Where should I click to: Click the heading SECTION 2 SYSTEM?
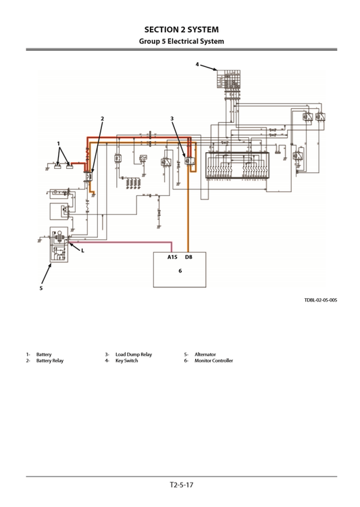coord(180,30)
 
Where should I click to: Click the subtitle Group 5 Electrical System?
coord(180,41)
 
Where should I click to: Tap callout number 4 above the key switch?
coord(198,65)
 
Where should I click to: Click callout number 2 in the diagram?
coord(103,118)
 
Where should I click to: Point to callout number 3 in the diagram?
coord(172,118)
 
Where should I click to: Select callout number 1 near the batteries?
coord(59,143)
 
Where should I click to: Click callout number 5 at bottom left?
coord(41,288)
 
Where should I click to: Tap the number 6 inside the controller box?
coord(180,271)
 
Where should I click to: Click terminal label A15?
coord(172,258)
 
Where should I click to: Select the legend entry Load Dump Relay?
coord(133,354)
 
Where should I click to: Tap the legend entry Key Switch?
coord(126,361)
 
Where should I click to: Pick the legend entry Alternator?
coord(205,354)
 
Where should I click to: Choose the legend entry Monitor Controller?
coord(213,361)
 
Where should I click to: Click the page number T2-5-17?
coord(180,484)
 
